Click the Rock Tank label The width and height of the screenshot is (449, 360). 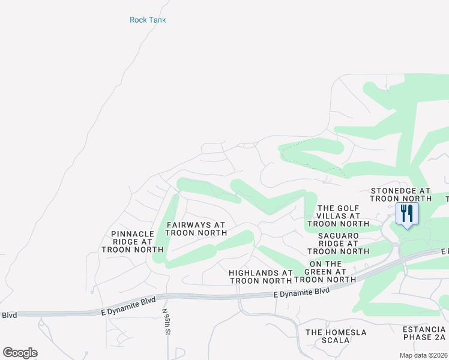pyautogui.click(x=148, y=20)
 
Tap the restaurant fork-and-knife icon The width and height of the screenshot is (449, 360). pyautogui.click(x=407, y=214)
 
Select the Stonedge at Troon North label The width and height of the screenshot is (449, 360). pyautogui.click(x=400, y=194)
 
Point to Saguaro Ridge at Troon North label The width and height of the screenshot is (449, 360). pyautogui.click(x=338, y=244)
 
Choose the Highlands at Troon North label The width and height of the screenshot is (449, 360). pyautogui.click(x=261, y=277)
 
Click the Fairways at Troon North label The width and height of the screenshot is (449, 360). pyautogui.click(x=196, y=229)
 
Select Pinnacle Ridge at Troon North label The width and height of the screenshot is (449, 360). pyautogui.click(x=133, y=241)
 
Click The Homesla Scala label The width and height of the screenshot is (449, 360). pyautogui.click(x=336, y=336)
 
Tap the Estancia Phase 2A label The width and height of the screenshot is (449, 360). pyautogui.click(x=424, y=334)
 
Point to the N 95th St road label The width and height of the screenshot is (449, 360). pyautogui.click(x=168, y=322)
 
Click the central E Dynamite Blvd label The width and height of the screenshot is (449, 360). pyautogui.click(x=301, y=292)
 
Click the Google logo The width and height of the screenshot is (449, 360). pyautogui.click(x=20, y=352)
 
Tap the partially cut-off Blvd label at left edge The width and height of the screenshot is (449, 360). pyautogui.click(x=9, y=315)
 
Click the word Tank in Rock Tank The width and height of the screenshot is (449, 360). pyautogui.click(x=157, y=20)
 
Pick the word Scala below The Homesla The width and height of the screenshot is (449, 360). pyautogui.click(x=336, y=340)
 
